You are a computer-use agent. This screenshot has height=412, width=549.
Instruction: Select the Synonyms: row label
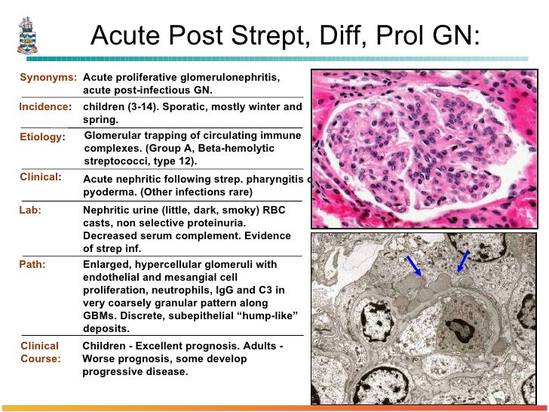48,78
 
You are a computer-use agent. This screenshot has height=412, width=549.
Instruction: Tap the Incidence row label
44,107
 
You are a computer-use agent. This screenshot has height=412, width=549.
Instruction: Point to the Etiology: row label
43,137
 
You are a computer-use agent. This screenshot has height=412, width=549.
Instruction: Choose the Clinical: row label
40,177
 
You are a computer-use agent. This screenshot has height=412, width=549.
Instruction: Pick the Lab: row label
30,211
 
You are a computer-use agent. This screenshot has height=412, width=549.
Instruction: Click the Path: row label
32,265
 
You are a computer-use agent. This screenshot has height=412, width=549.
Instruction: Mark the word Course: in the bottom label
41,359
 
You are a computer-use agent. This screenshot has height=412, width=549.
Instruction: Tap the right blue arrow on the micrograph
462,262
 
